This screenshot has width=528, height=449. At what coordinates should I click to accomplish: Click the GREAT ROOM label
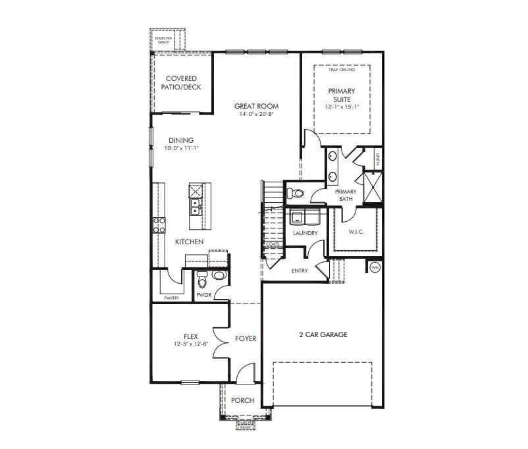pyautogui.click(x=256, y=106)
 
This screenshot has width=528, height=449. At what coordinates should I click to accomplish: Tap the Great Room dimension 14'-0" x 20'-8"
pyautogui.click(x=256, y=114)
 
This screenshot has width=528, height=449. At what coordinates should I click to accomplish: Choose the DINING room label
pyautogui.click(x=181, y=140)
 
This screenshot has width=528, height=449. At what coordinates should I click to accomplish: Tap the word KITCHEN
pyautogui.click(x=189, y=242)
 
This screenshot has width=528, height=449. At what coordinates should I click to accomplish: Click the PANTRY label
pyautogui.click(x=171, y=298)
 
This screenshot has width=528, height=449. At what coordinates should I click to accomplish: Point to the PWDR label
pyautogui.click(x=203, y=296)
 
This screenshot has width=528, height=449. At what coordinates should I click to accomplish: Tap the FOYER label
pyautogui.click(x=246, y=339)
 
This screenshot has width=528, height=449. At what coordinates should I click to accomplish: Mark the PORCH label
pyautogui.click(x=242, y=401)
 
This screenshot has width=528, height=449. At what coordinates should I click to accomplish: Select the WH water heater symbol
pyautogui.click(x=375, y=267)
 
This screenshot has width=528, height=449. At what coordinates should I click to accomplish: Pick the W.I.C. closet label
pyautogui.click(x=356, y=232)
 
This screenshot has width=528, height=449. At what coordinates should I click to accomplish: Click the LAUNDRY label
pyautogui.click(x=305, y=233)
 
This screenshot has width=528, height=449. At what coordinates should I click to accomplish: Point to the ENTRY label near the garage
pyautogui.click(x=300, y=271)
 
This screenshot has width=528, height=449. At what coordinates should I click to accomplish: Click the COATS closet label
pyautogui.click(x=273, y=245)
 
